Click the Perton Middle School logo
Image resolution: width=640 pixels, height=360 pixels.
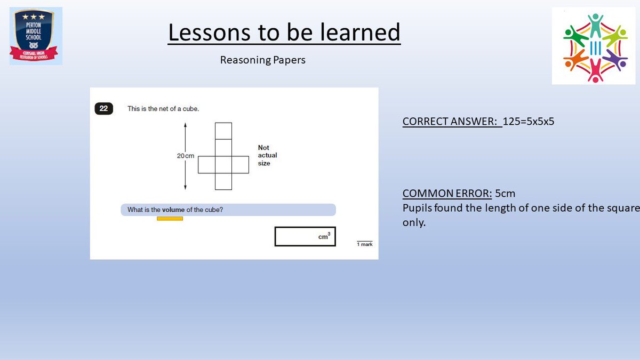[36, 36]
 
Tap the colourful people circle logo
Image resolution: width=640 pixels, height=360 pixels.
[594, 46]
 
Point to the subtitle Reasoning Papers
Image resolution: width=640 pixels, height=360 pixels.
[263, 60]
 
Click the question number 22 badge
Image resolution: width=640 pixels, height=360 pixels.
[103, 109]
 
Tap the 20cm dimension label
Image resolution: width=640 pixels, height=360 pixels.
[186, 156]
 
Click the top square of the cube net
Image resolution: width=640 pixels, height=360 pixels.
[223, 131]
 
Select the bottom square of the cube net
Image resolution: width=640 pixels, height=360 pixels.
[223, 181]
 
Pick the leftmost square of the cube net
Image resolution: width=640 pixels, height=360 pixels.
[206, 164]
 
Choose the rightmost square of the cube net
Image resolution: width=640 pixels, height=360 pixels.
[241, 164]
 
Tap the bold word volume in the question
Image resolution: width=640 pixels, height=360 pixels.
[173, 210]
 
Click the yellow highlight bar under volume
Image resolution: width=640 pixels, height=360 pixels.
[170, 219]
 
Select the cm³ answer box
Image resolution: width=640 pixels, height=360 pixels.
[305, 237]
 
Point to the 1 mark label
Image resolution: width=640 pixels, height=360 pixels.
[365, 244]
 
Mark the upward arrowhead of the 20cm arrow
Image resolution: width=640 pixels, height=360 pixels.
[185, 124]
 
